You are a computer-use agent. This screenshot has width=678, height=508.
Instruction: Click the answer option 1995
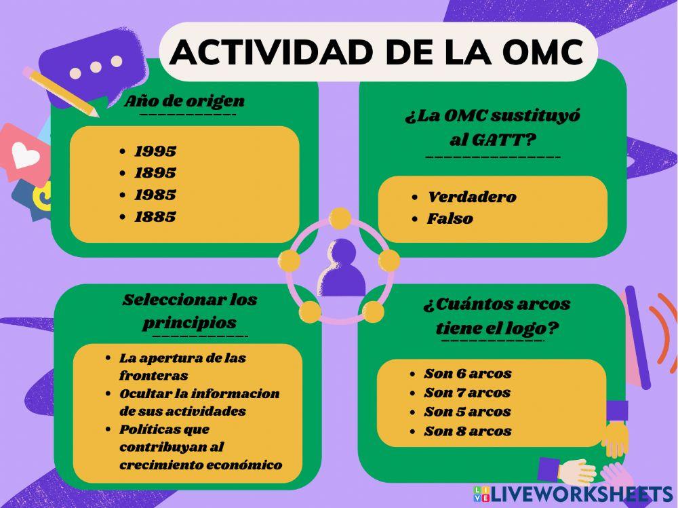(155, 151)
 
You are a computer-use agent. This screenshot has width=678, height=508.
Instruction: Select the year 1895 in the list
(155, 173)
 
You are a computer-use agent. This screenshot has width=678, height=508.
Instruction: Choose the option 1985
(155, 195)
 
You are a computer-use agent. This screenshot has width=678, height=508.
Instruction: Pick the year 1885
(155, 217)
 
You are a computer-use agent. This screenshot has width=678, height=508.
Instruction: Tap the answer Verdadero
(471, 197)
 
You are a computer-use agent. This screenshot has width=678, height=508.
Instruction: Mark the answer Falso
(450, 219)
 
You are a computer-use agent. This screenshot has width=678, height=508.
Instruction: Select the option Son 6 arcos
(467, 374)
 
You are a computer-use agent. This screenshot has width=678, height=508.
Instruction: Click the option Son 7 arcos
(467, 393)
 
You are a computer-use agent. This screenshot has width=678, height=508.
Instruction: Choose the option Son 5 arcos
(467, 412)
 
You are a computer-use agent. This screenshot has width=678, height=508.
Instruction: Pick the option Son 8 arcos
(467, 431)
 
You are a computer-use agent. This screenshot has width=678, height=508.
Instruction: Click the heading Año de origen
(184, 102)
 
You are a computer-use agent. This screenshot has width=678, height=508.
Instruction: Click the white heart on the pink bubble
(26, 157)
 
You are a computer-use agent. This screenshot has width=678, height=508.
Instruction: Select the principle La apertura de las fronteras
(182, 366)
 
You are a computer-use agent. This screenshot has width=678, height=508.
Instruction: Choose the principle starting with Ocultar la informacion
(199, 402)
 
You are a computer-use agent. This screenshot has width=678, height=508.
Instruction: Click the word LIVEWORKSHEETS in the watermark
(582, 493)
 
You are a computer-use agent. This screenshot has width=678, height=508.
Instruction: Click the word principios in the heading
(189, 322)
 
